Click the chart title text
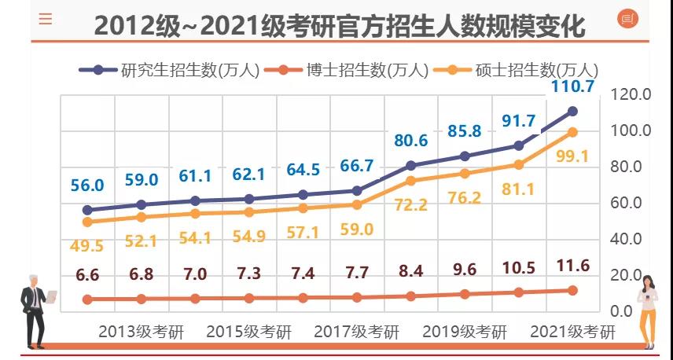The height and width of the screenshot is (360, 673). tap(340, 25)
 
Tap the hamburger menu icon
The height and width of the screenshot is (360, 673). tap(46, 19)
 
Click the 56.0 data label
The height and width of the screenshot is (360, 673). tap(86, 186)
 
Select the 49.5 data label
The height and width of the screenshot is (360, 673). tap(86, 245)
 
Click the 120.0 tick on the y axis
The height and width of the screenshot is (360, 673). tap(631, 94)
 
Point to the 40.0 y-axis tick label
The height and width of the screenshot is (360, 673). tap(631, 239)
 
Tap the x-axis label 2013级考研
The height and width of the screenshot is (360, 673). tap(141, 332)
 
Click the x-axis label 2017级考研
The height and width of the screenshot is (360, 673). tap(356, 332)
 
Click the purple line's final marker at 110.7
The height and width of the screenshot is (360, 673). tap(572, 112)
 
